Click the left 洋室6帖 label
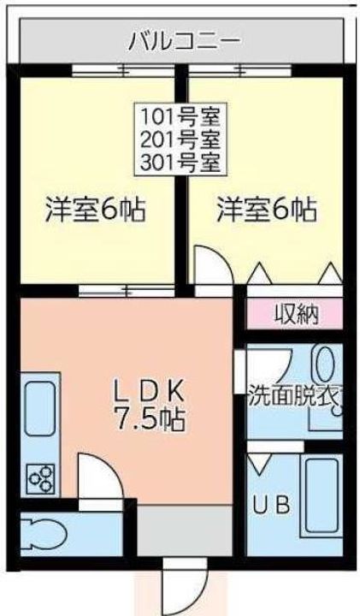[95, 210]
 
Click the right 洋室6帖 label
[267, 210]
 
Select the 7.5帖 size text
[150, 421]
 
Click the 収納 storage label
[295, 314]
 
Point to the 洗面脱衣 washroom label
[294, 396]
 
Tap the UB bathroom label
[271, 505]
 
